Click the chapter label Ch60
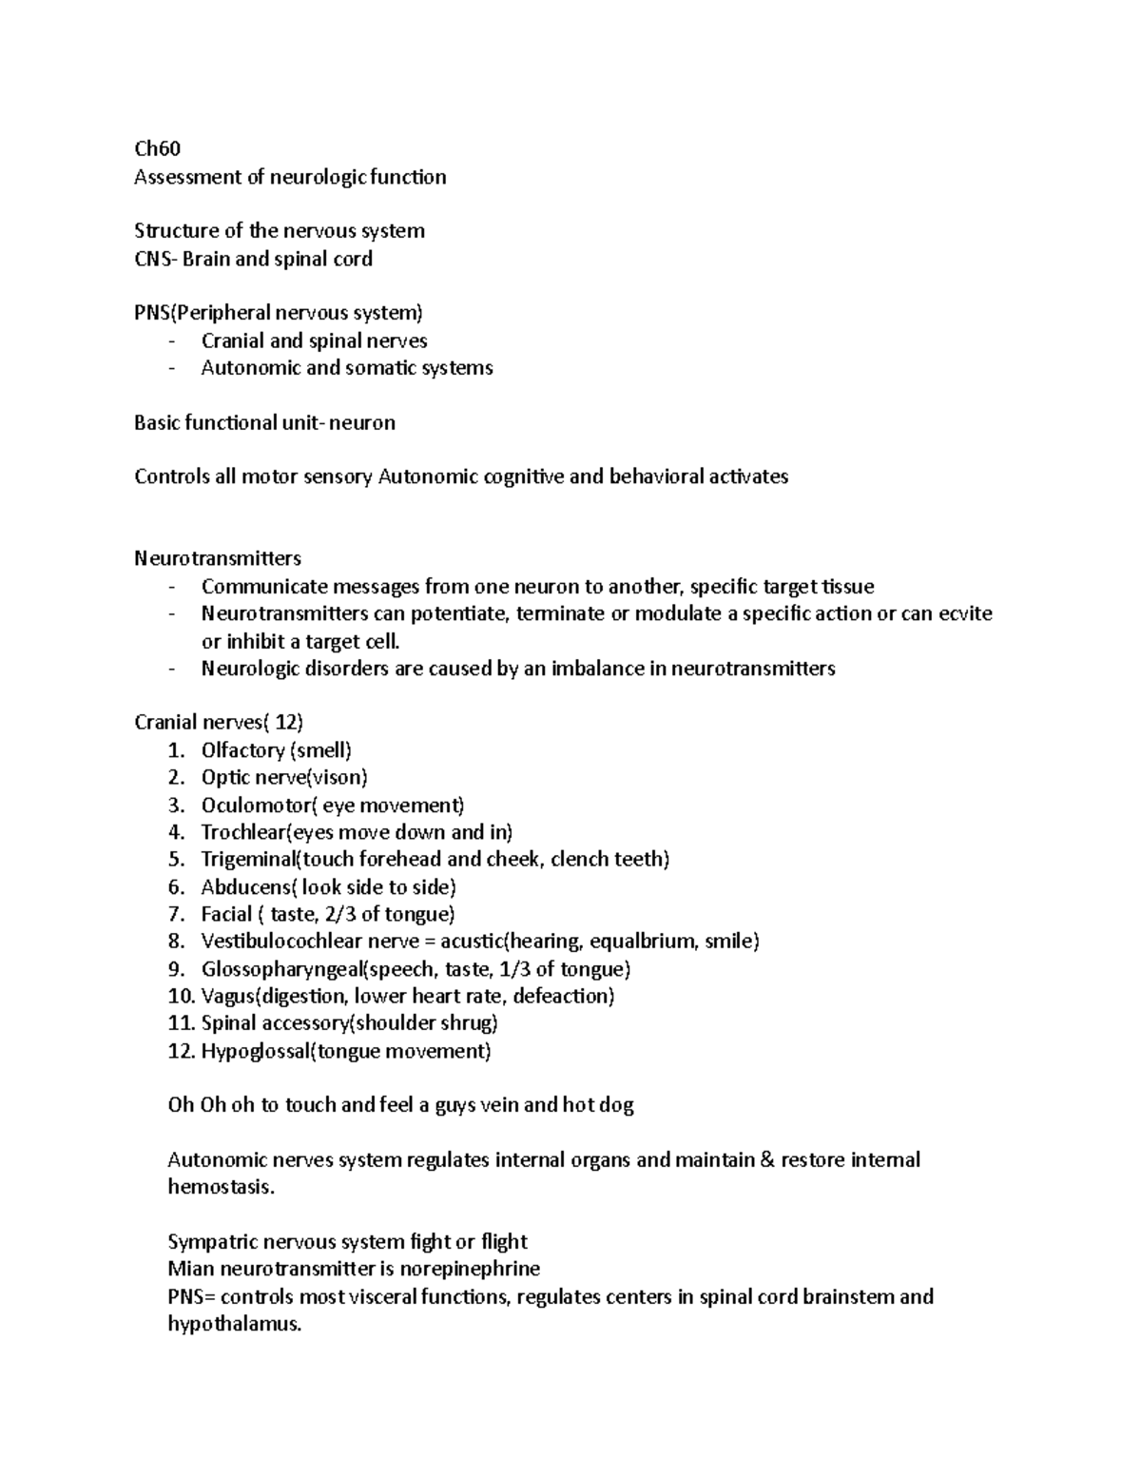click(157, 149)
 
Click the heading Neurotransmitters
click(218, 558)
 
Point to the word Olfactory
click(242, 750)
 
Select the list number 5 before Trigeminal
click(175, 860)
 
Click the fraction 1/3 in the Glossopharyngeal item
click(515, 969)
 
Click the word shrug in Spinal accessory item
click(469, 1023)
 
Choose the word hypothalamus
click(233, 1324)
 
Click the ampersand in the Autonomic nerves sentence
click(768, 1160)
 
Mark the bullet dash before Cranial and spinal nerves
click(171, 341)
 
